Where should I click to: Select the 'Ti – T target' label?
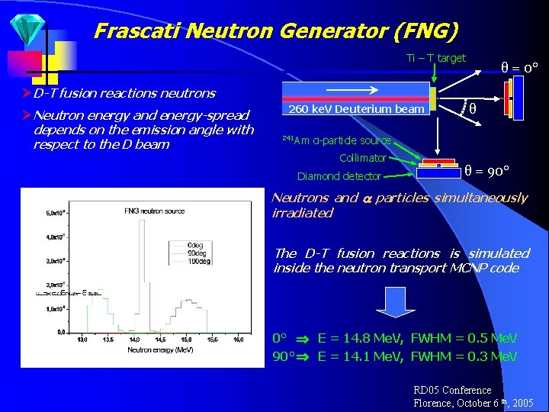pos(436,58)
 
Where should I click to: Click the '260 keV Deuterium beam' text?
pos(356,109)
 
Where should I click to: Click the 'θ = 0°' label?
pos(519,67)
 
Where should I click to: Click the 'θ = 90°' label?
pos(487,169)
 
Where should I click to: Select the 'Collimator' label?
pos(362,158)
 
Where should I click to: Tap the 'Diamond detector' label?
pos(339,176)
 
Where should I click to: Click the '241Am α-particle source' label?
pos(336,140)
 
